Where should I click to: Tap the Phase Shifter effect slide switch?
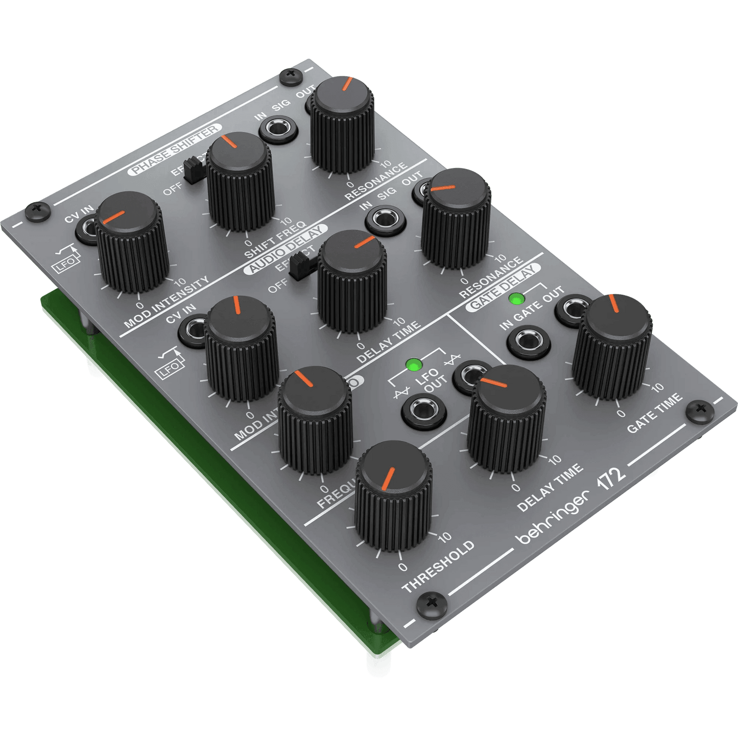tap(193, 169)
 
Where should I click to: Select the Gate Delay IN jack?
tap(529, 342)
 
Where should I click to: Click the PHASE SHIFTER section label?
tap(175, 149)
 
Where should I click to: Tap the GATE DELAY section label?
tap(504, 288)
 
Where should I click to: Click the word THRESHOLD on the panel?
tap(438, 566)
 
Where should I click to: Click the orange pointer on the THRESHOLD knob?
tap(388, 478)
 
